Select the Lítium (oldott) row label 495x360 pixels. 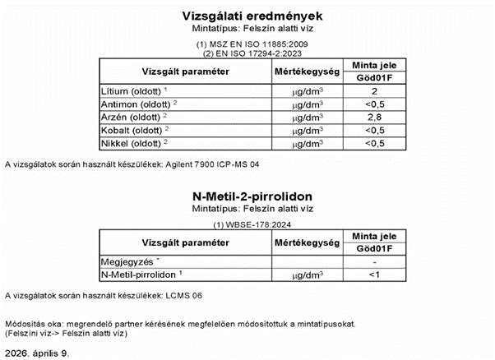(x=131, y=90)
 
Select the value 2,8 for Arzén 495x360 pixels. (x=374, y=117)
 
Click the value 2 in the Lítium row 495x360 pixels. (x=374, y=90)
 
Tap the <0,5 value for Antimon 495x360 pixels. (x=374, y=104)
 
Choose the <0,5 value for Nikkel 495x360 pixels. (x=374, y=143)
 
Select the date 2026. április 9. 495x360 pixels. (x=37, y=352)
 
